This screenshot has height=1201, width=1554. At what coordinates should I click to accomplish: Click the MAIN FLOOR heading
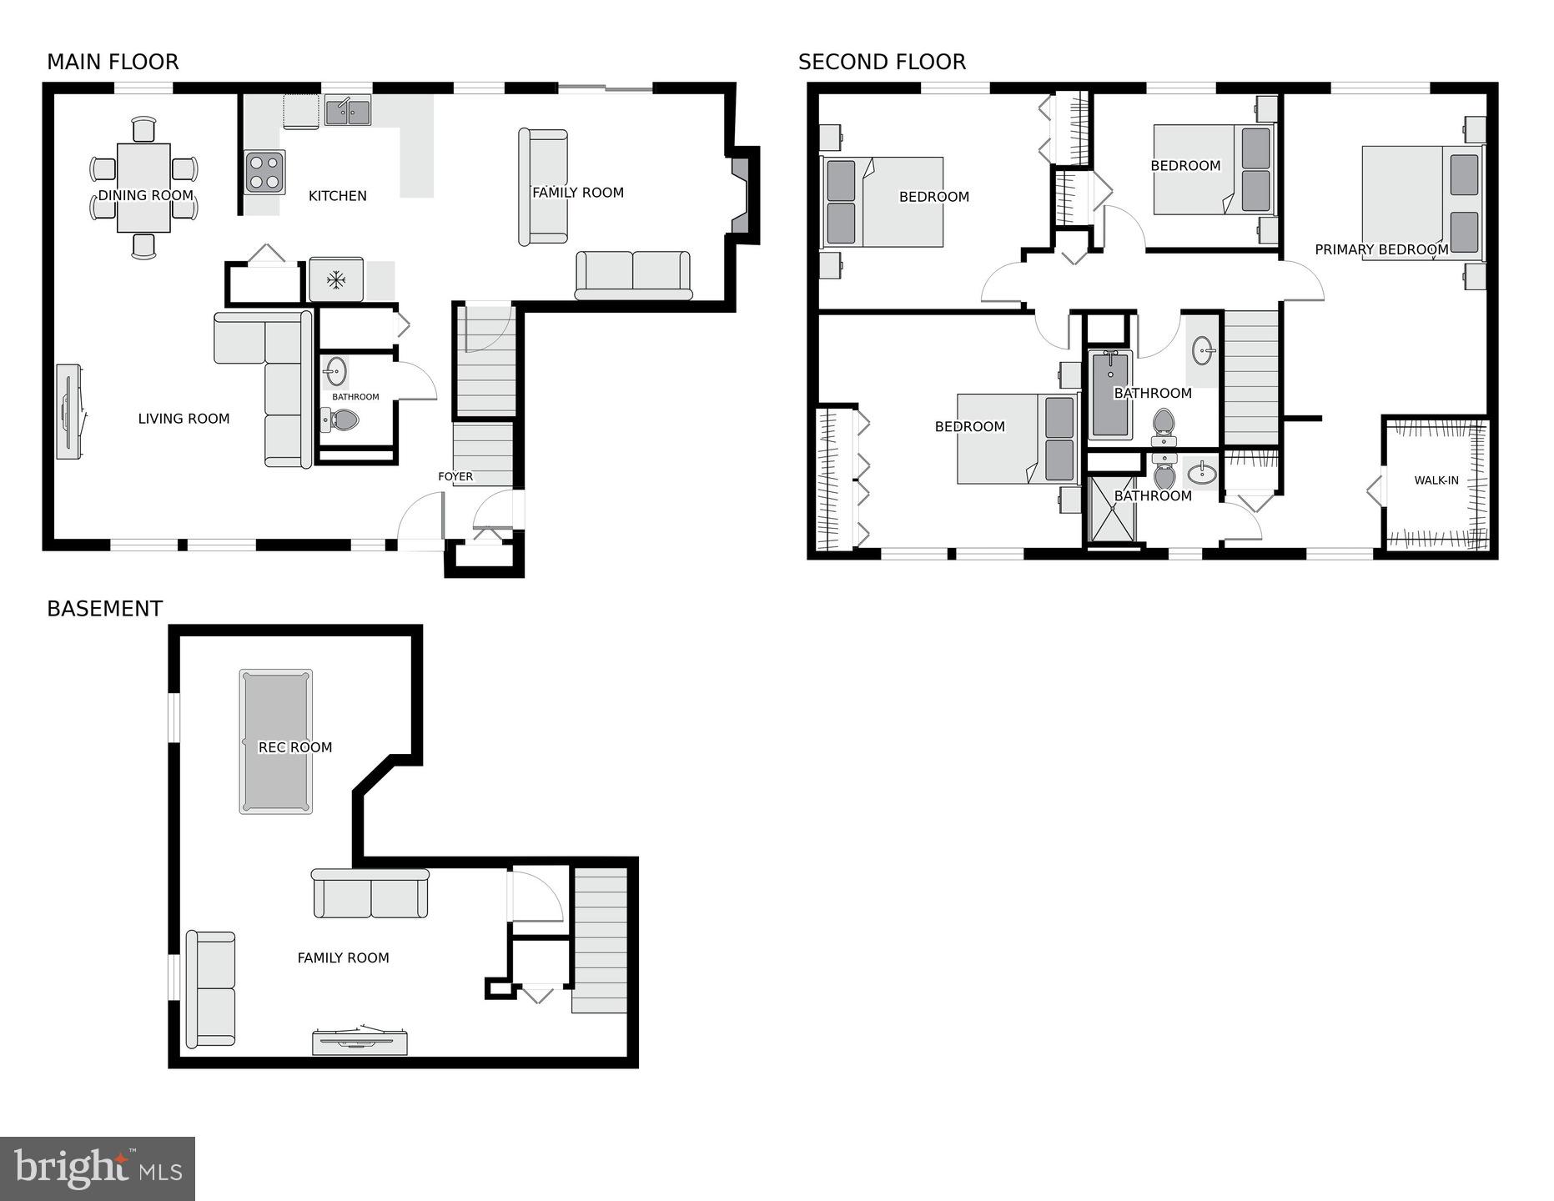click(113, 63)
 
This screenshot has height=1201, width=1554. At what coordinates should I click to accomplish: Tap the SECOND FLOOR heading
click(882, 63)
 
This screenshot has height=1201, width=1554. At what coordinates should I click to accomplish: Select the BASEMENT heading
click(104, 609)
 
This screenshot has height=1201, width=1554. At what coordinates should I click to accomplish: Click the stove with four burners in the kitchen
click(265, 172)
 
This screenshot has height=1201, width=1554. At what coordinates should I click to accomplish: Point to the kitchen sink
click(348, 112)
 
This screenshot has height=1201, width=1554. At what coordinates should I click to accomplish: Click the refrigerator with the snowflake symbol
click(336, 279)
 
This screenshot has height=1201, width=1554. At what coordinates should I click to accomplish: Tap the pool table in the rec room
click(276, 741)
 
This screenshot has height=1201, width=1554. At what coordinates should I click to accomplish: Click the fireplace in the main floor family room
click(742, 196)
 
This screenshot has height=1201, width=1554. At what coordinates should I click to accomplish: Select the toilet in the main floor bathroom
click(339, 420)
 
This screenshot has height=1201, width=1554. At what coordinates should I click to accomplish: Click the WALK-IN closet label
click(1436, 480)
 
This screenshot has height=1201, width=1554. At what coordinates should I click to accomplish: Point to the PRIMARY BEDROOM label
click(1381, 249)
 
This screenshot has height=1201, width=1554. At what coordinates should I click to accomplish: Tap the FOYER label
click(455, 477)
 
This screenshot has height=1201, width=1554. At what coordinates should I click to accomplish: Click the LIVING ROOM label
click(184, 419)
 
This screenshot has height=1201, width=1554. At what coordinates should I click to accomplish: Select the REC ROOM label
click(295, 747)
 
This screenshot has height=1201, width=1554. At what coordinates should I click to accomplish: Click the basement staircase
click(599, 940)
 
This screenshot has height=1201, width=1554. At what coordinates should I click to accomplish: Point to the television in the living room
click(69, 411)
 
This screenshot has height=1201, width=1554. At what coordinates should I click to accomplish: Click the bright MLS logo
click(98, 1169)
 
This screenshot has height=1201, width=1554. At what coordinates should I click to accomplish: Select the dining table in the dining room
click(143, 188)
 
